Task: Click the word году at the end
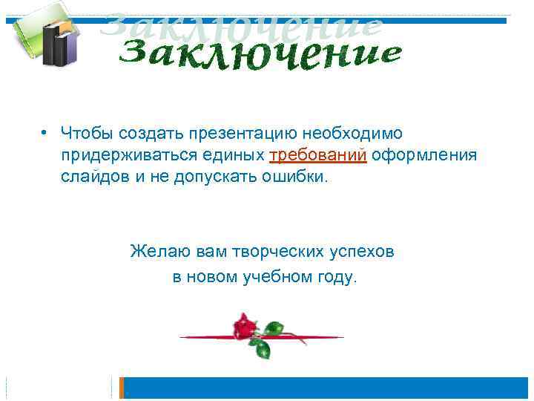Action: click(x=339, y=278)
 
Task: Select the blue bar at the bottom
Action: click(x=326, y=388)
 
